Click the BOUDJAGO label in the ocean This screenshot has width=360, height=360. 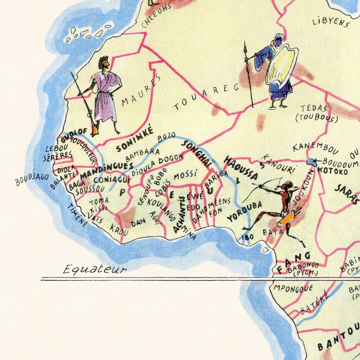coord(32,178)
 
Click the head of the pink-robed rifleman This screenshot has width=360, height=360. coord(104,62)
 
